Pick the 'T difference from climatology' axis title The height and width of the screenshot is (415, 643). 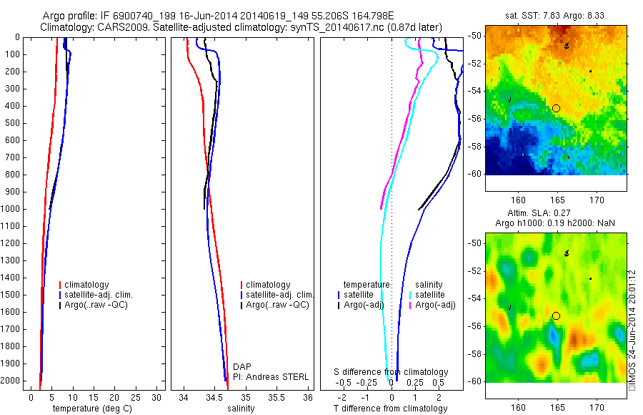click(x=391, y=409)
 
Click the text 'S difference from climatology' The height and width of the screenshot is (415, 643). click(x=392, y=372)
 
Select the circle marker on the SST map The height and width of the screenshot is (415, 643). click(x=556, y=108)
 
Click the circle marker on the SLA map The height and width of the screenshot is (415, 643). click(x=556, y=316)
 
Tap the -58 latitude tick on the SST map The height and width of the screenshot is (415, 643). click(x=475, y=146)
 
